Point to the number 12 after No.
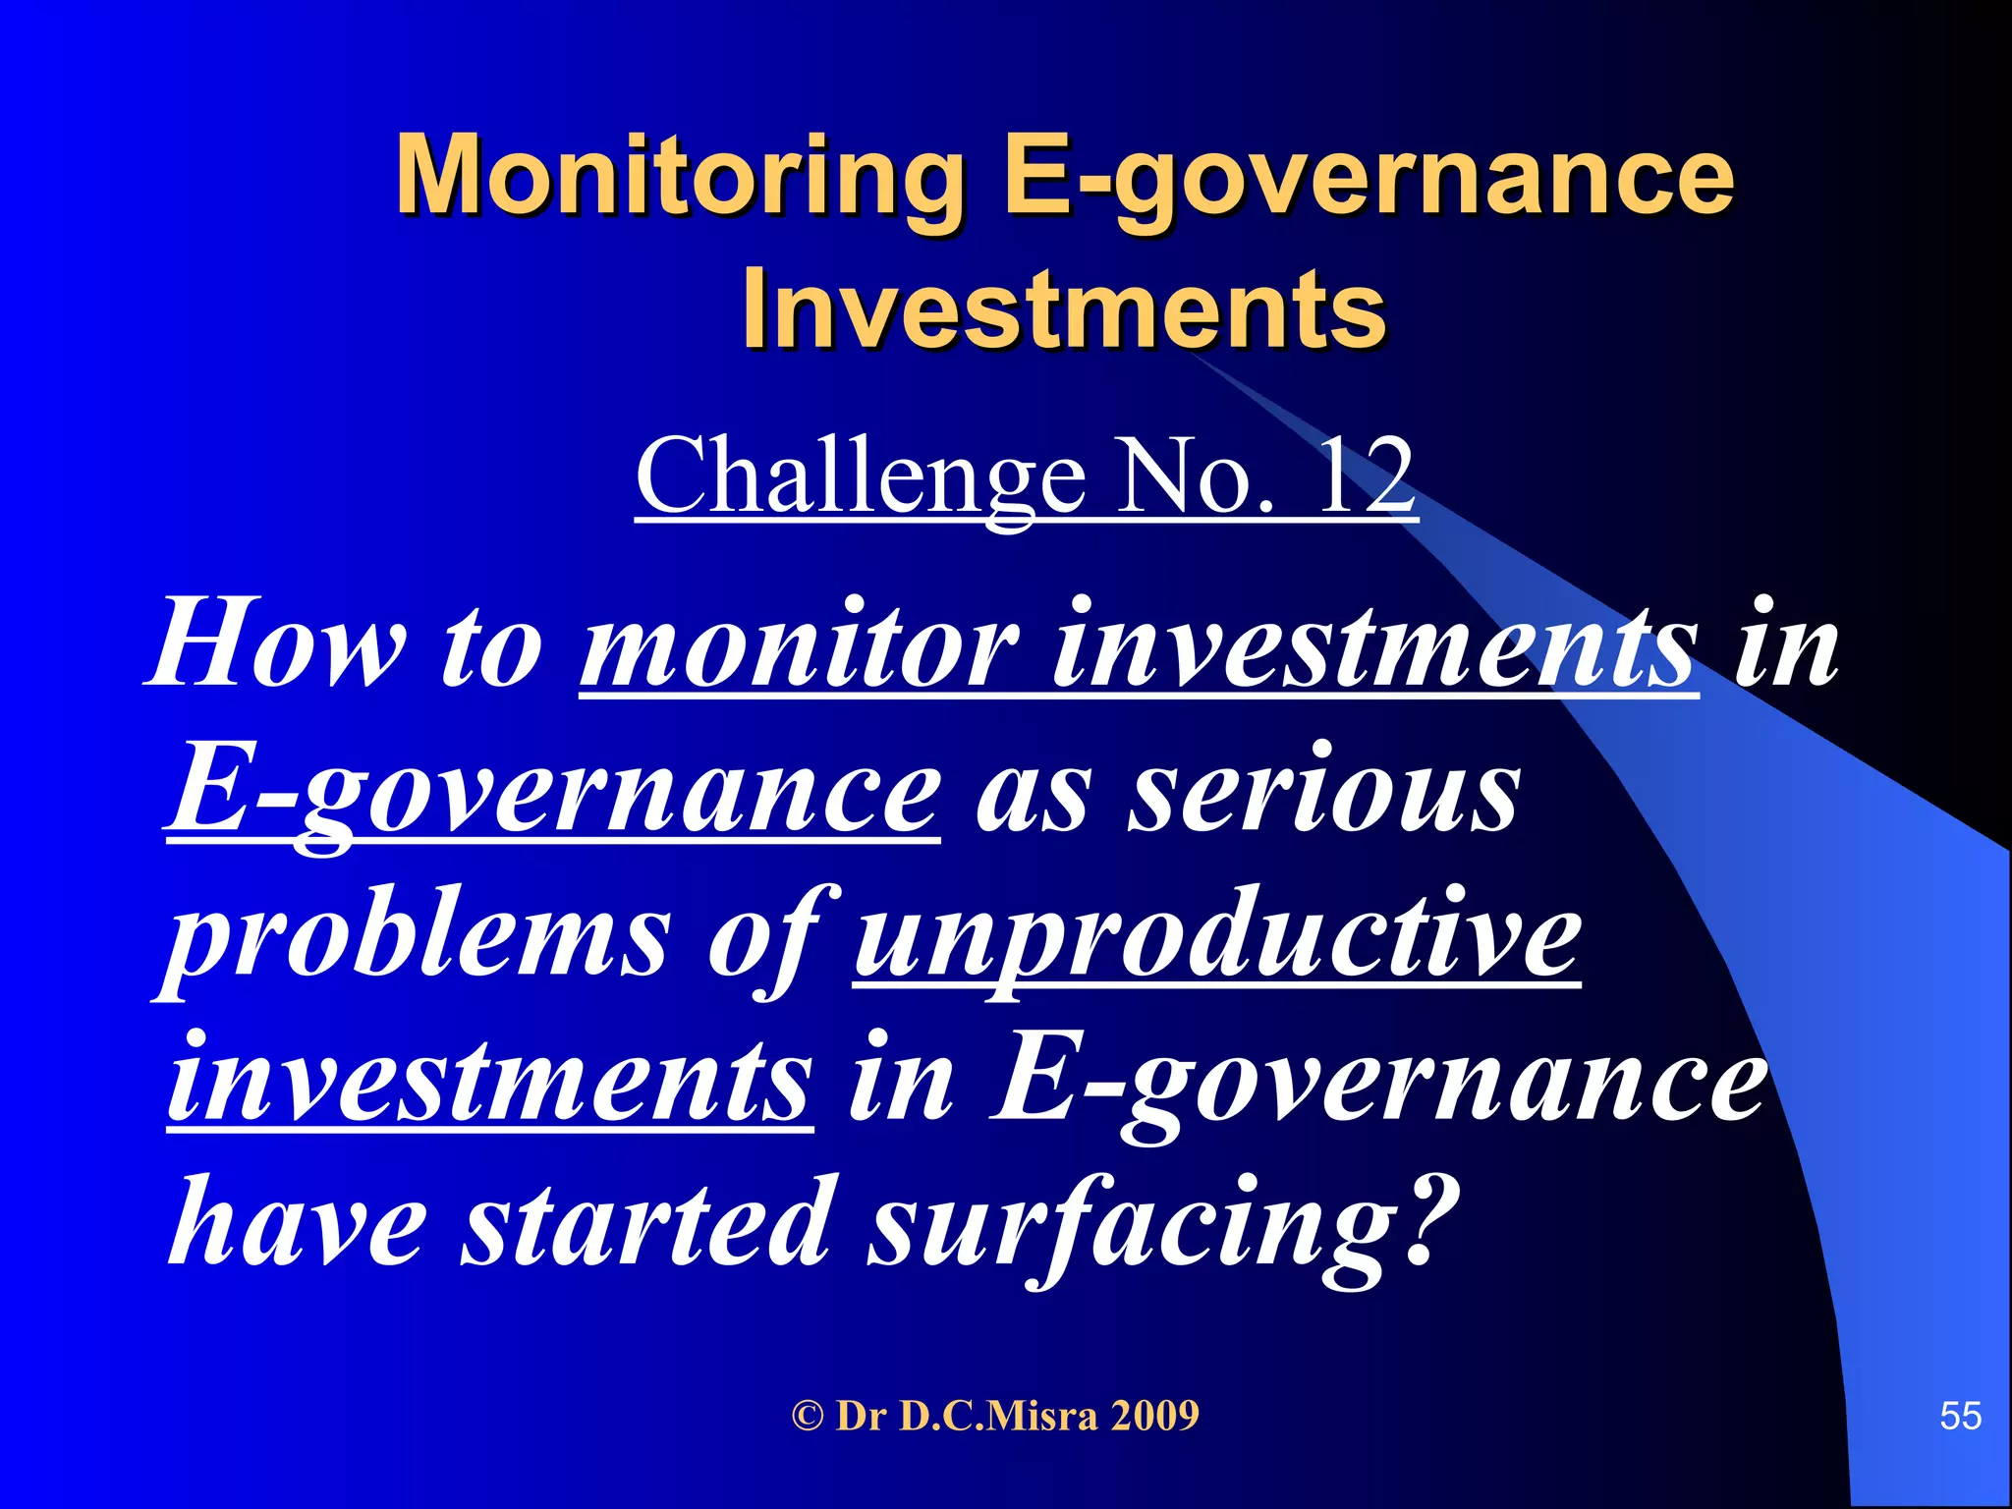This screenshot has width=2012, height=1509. [x=1366, y=475]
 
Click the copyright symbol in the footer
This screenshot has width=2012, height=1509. [x=807, y=1416]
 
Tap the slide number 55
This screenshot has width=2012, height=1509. [x=1960, y=1416]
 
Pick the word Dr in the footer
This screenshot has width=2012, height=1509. [x=862, y=1416]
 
